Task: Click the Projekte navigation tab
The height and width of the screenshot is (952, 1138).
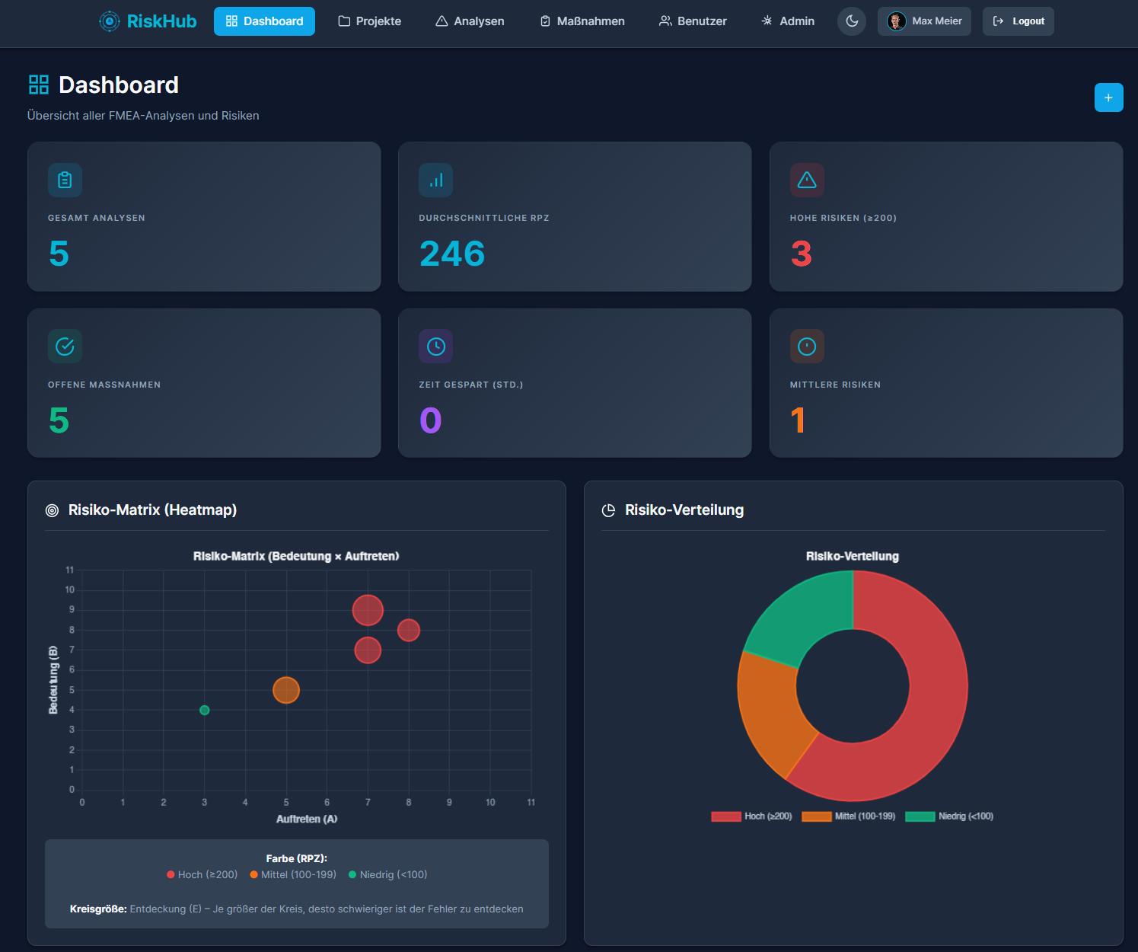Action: pos(369,21)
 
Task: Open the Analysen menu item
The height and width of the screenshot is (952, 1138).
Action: pos(470,21)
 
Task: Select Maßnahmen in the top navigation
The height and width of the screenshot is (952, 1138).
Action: pos(582,21)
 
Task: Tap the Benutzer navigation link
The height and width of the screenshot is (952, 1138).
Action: pos(693,21)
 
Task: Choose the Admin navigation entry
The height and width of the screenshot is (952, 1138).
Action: pos(788,21)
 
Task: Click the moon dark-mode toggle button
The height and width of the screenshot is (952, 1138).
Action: pos(852,21)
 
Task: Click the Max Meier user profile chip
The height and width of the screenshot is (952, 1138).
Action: pos(924,21)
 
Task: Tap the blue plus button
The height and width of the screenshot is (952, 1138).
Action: pos(1108,97)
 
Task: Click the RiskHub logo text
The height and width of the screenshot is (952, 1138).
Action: pos(161,21)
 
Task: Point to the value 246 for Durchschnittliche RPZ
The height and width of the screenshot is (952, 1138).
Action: pos(452,254)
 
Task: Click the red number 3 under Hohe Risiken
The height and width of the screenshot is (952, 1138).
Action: pos(801,254)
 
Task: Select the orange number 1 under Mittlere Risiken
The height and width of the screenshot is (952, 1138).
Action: pos(798,420)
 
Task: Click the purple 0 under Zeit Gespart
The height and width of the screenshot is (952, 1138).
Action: pos(431,420)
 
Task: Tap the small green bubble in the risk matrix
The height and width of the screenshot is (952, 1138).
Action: pos(204,710)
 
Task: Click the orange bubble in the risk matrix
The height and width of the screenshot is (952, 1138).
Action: pos(286,690)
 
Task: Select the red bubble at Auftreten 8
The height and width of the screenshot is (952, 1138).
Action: pos(409,630)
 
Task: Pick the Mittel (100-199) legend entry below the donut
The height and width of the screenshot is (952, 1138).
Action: pos(849,816)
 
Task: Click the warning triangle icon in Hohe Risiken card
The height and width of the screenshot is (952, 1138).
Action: pos(807,180)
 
